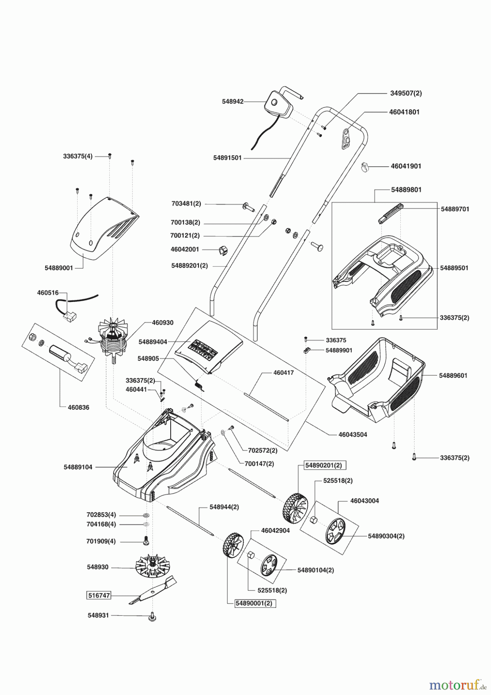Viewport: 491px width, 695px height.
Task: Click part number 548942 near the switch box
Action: [233, 102]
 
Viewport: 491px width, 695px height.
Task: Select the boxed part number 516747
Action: [99, 595]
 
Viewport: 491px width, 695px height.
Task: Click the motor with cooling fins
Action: [114, 340]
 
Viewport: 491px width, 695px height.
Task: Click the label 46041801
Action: [404, 112]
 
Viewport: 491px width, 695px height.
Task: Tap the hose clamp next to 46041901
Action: [364, 167]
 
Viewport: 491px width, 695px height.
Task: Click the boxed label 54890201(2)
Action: [324, 465]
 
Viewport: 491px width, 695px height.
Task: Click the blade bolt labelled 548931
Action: [153, 617]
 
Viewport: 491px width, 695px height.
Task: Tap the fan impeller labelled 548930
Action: [153, 567]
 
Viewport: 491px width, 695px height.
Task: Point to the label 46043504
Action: [353, 434]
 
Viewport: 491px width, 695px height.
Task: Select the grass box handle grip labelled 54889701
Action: [390, 212]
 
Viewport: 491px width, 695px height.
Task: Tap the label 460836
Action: [78, 407]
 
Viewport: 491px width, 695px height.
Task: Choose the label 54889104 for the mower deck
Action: [78, 467]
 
